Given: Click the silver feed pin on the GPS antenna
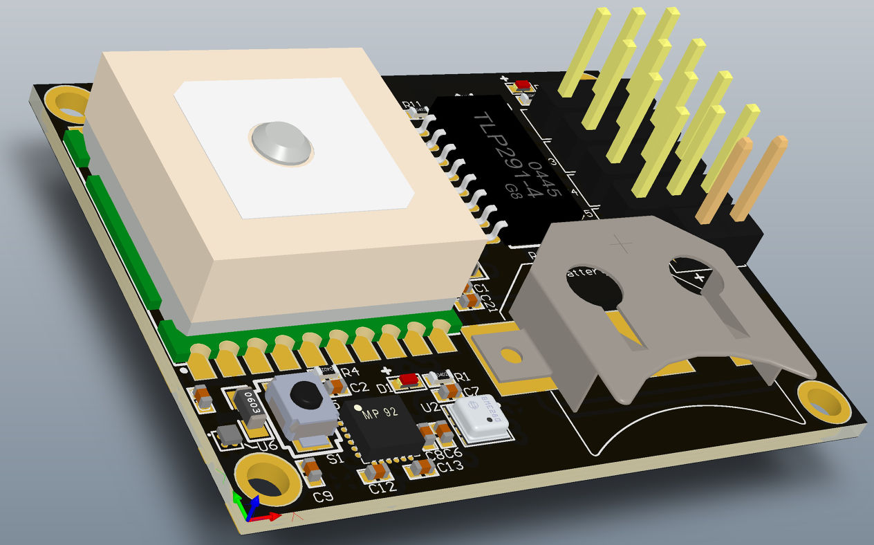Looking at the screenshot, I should pyautogui.click(x=280, y=143).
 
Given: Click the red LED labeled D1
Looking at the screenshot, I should pyautogui.click(x=409, y=380).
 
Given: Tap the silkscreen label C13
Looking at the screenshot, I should pyautogui.click(x=449, y=467).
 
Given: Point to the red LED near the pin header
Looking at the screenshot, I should pyautogui.click(x=523, y=85).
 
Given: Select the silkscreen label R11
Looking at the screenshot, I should pyautogui.click(x=413, y=106).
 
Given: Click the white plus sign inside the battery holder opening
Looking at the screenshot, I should pyautogui.click(x=699, y=277).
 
